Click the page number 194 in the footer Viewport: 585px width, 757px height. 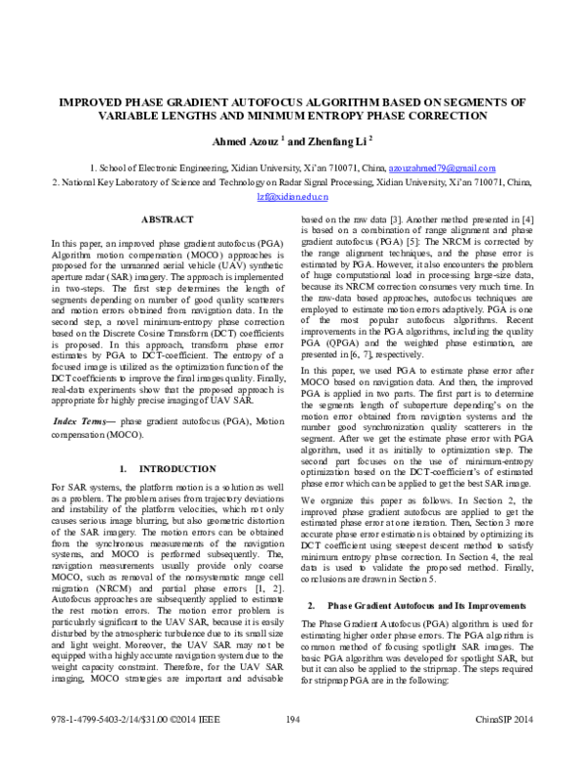tap(292, 746)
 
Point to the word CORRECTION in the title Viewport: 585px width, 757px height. tap(464, 115)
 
